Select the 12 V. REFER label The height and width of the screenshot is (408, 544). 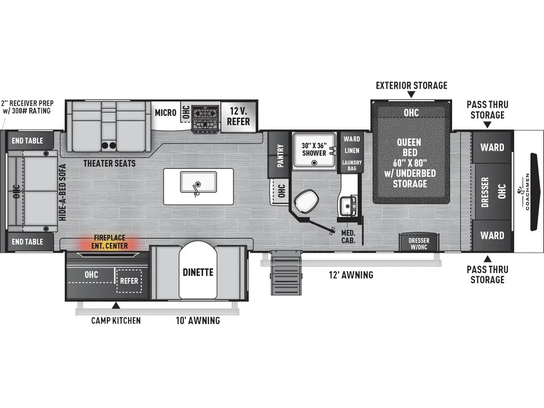pyautogui.click(x=239, y=116)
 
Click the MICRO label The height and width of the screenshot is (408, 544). pyautogui.click(x=165, y=113)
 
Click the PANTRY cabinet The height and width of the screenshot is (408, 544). pyautogui.click(x=279, y=156)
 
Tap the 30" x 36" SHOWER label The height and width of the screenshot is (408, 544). pyautogui.click(x=313, y=149)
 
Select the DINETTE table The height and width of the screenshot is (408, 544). pyautogui.click(x=199, y=271)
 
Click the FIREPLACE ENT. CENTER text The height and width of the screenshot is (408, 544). pyautogui.click(x=110, y=242)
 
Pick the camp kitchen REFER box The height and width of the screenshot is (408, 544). pyautogui.click(x=129, y=281)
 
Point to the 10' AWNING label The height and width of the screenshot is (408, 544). pyautogui.click(x=198, y=320)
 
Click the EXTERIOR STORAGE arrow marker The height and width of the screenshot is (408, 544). pyautogui.click(x=411, y=95)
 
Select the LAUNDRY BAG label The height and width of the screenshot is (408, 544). pyautogui.click(x=352, y=165)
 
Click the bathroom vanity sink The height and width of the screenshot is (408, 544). pyautogui.click(x=348, y=204)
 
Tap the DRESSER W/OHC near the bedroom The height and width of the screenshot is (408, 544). pyautogui.click(x=419, y=243)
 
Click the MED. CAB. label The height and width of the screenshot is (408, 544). pyautogui.click(x=348, y=236)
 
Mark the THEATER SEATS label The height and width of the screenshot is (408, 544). pyautogui.click(x=109, y=163)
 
